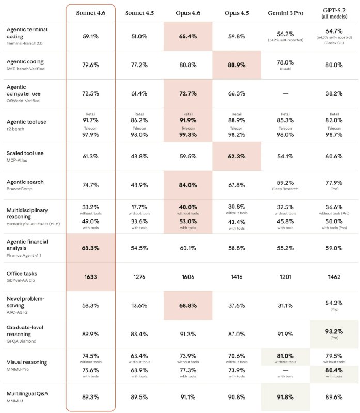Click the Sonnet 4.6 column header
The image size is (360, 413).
click(90, 13)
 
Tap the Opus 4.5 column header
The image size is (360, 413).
click(237, 13)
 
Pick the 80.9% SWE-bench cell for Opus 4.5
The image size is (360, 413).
click(237, 65)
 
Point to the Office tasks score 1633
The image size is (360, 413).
click(90, 276)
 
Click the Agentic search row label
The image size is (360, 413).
click(25, 182)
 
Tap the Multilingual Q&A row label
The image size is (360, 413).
click(29, 394)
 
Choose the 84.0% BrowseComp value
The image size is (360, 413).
click(188, 185)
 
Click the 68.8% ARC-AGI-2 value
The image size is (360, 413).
click(188, 305)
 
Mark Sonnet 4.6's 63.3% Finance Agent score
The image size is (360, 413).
click(90, 247)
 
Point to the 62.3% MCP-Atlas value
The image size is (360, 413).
click(237, 156)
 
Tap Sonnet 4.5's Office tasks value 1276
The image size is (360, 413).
click(139, 276)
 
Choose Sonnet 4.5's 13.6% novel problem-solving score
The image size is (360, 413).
click(139, 305)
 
